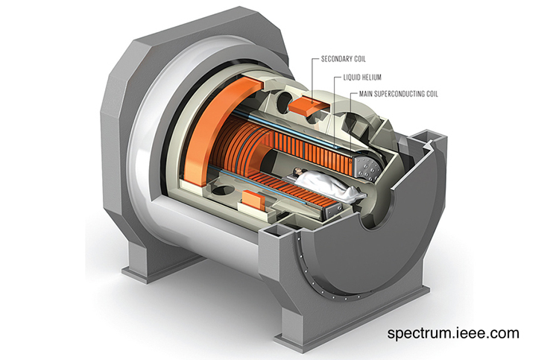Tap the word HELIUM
tap(371, 77)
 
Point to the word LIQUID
tap(351, 77)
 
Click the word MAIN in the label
tap(365, 94)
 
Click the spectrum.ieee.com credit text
tap(452, 333)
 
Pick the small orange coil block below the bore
tap(255, 198)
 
